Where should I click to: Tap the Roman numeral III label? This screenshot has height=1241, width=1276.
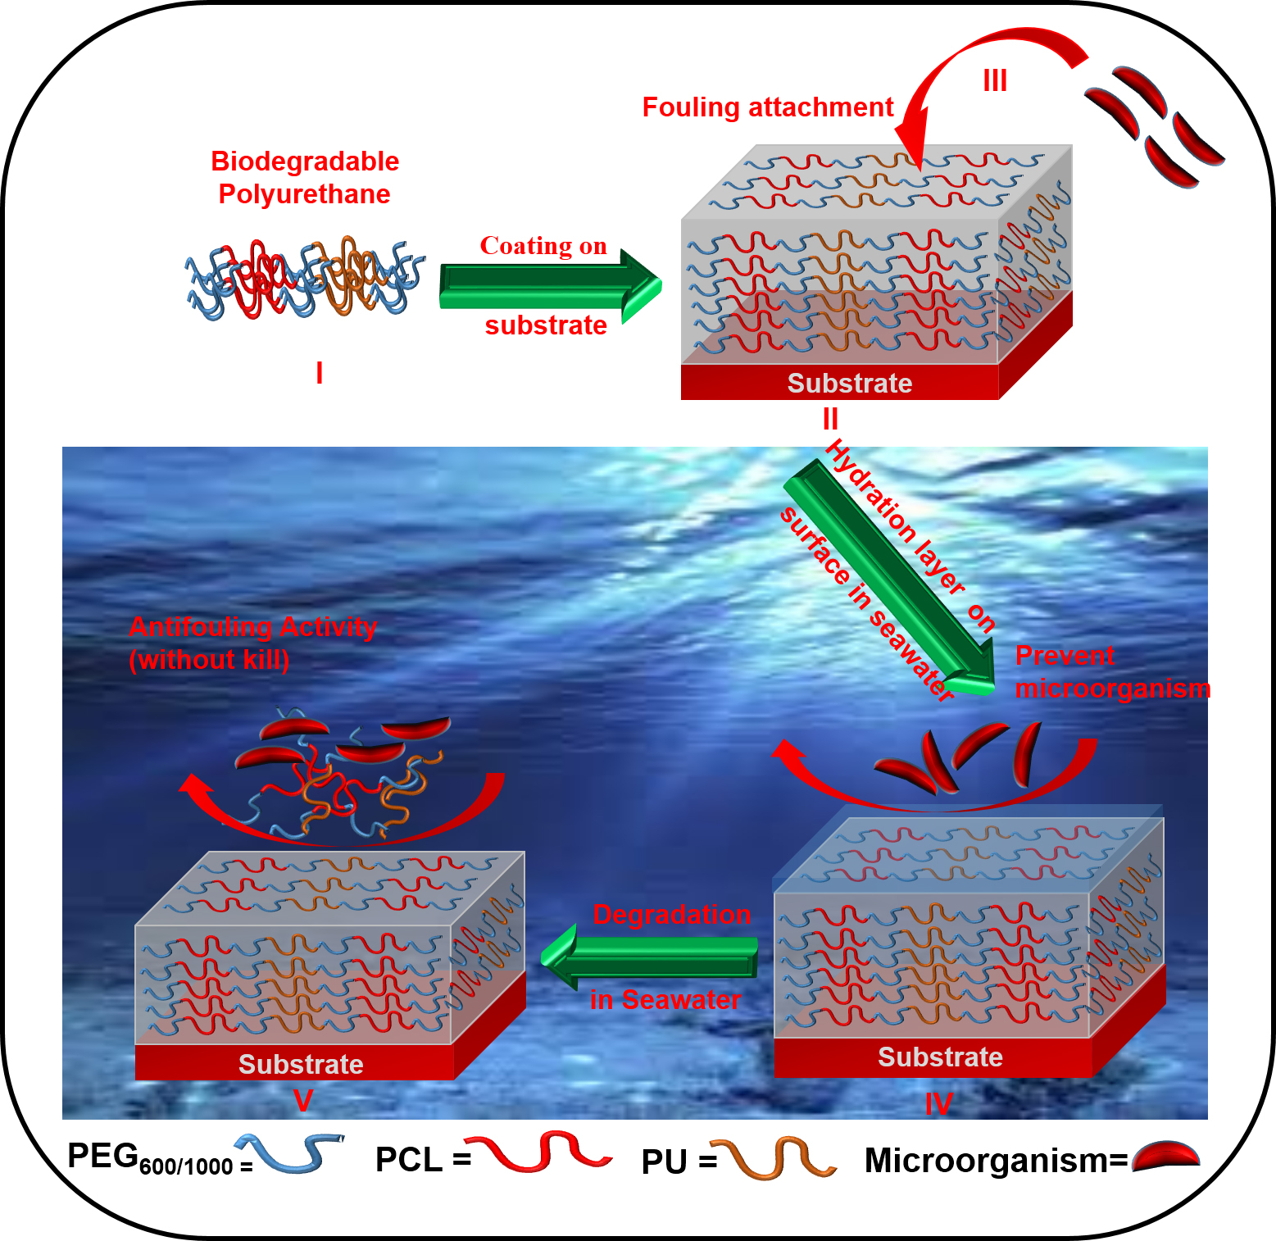995,81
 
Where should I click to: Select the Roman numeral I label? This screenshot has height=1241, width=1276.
320,373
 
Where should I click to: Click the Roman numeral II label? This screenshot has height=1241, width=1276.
830,419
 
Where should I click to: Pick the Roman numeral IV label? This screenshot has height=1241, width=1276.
938,1104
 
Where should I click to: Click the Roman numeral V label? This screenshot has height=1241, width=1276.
303,1100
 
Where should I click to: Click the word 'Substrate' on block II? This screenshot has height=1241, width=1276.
850,383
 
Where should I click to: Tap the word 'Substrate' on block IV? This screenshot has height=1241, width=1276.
940,1057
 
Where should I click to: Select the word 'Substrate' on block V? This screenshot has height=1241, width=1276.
301,1064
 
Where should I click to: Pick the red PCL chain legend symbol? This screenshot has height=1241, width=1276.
537,1151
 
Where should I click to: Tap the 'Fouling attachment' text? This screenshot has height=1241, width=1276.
767,107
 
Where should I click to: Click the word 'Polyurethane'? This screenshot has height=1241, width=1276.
304,194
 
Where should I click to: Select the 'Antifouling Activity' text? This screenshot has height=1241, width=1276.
252,626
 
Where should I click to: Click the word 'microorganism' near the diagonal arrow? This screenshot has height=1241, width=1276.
1112,689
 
